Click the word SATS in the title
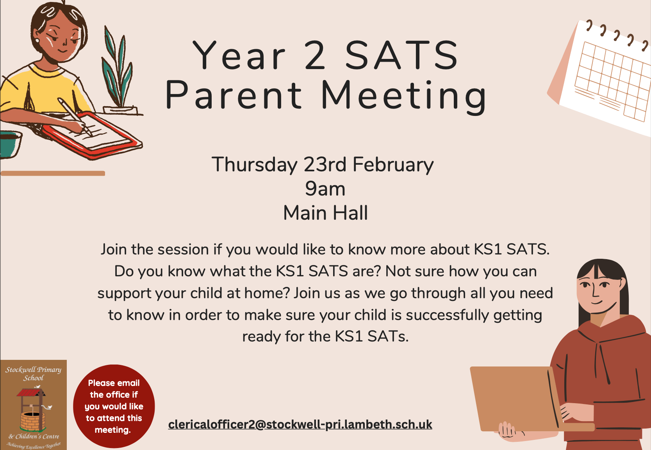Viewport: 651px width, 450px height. coord(402,55)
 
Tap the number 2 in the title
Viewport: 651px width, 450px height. coord(315,55)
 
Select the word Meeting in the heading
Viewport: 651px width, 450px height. coord(404,96)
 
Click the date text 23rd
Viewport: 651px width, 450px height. coord(325,164)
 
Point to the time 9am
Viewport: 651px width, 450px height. coord(325,189)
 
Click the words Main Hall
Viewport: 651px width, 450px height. coord(325,213)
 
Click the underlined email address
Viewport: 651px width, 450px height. coord(300,424)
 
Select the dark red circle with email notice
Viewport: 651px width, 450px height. coord(114,406)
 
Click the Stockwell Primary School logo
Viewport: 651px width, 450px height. coord(33,405)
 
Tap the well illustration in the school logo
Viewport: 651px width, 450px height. coord(32,410)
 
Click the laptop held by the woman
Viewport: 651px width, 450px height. coord(515,398)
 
